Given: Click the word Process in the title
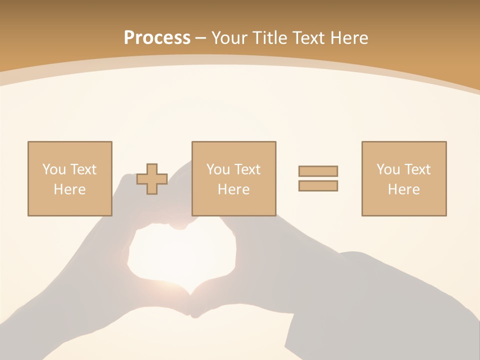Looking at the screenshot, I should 157,37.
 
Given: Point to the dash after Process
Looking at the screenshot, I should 201,38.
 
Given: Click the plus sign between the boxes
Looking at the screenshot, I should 152,179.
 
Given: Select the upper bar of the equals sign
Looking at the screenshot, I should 318,171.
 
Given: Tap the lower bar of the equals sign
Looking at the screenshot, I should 318,185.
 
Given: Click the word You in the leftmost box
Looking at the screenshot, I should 53,169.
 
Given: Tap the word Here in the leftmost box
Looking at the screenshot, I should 69,189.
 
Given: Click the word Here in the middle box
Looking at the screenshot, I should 233,189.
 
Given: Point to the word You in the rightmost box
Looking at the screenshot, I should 387,169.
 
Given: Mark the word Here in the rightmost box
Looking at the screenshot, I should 403,189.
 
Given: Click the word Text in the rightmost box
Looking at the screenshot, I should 417,169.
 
